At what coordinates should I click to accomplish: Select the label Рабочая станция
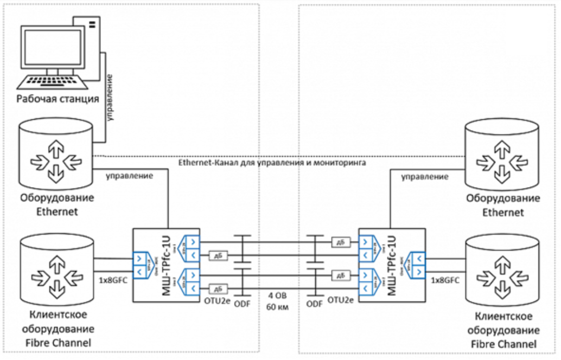point(58,99)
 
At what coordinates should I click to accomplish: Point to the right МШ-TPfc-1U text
point(391,266)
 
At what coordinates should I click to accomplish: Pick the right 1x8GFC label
point(445,281)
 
